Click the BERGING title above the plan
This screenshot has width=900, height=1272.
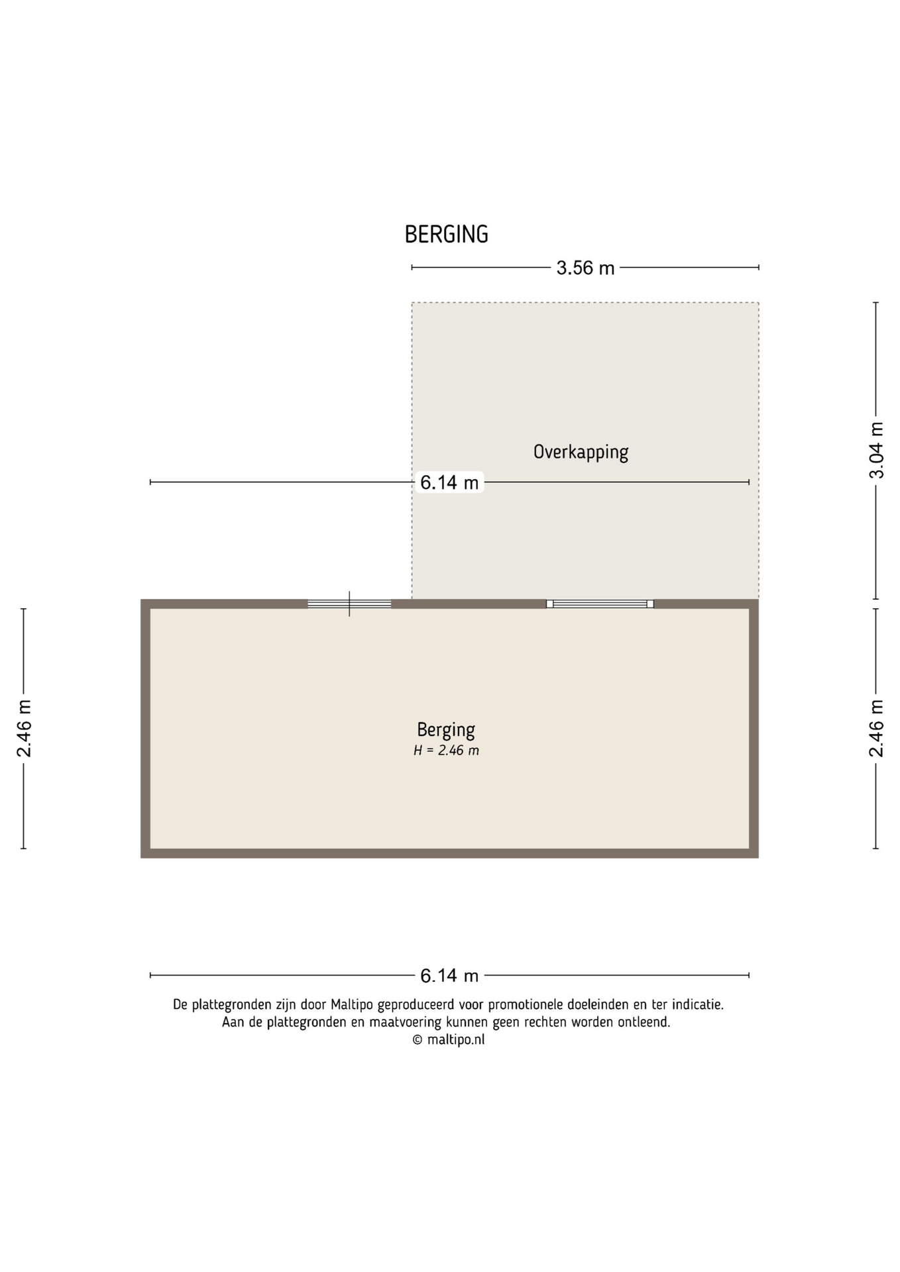coord(446,235)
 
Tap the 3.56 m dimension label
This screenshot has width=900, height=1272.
coord(585,268)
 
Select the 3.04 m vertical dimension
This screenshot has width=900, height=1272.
coord(876,450)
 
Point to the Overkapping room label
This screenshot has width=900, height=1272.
coord(581,452)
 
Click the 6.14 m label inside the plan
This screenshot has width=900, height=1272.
coord(449,482)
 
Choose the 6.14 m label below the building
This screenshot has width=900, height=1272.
coord(449,975)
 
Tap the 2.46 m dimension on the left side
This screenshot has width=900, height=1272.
coord(24,728)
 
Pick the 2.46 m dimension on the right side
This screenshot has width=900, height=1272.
coord(876,728)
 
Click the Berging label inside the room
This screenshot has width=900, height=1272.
coord(446,730)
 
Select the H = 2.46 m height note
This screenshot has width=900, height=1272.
coord(446,751)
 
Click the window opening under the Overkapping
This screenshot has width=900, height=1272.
coord(600,604)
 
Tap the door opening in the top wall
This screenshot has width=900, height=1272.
coord(349,604)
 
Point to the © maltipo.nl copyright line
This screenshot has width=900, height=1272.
coord(449,1039)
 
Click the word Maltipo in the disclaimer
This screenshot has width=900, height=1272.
coord(353,1004)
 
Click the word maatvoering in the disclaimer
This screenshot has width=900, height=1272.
coord(405,1022)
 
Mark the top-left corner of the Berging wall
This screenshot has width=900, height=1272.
coord(141,600)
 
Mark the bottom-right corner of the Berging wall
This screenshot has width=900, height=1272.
coord(758,858)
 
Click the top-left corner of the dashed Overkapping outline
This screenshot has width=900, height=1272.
coord(412,303)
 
